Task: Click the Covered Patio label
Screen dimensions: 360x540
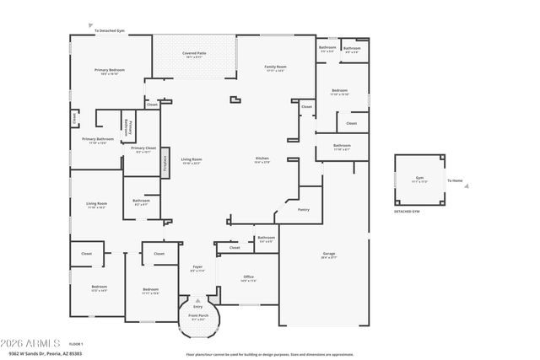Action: (x=194, y=53)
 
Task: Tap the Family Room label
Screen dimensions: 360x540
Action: (x=275, y=67)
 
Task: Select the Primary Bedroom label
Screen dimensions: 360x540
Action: (x=109, y=71)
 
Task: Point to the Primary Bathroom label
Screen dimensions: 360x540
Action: (x=98, y=139)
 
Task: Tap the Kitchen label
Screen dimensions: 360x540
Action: (x=262, y=159)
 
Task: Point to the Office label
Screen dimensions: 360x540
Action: (x=248, y=277)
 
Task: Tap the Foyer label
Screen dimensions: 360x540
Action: (x=197, y=268)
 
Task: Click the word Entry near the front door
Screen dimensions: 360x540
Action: (x=197, y=306)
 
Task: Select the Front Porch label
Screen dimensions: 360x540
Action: (x=197, y=318)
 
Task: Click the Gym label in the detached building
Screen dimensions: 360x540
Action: (x=419, y=179)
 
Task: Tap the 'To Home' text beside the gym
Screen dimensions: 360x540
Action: (x=455, y=180)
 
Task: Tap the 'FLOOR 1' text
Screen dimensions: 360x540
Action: (x=76, y=345)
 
